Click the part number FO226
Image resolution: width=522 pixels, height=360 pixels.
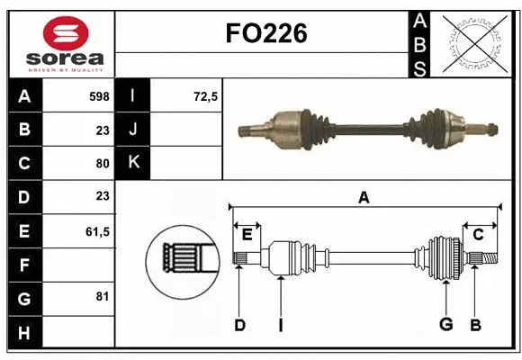click(x=265, y=33)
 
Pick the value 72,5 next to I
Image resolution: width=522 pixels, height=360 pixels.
click(x=206, y=95)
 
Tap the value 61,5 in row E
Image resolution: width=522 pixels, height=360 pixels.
click(x=97, y=231)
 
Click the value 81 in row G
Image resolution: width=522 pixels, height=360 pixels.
click(x=102, y=296)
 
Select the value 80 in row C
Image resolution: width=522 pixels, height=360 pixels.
click(x=102, y=163)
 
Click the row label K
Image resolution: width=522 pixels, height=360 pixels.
click(x=133, y=163)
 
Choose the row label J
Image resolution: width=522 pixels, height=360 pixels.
click(x=133, y=129)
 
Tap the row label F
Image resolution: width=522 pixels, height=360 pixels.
click(x=23, y=265)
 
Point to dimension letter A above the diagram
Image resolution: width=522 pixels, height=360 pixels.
click(x=364, y=197)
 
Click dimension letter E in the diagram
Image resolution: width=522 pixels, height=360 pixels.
click(x=247, y=235)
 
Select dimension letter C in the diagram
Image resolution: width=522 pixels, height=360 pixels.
click(x=479, y=235)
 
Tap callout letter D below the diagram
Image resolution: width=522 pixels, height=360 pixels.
click(x=239, y=325)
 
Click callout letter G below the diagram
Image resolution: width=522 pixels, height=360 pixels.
click(x=445, y=325)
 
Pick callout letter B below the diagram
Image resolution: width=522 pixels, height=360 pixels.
click(x=476, y=325)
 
